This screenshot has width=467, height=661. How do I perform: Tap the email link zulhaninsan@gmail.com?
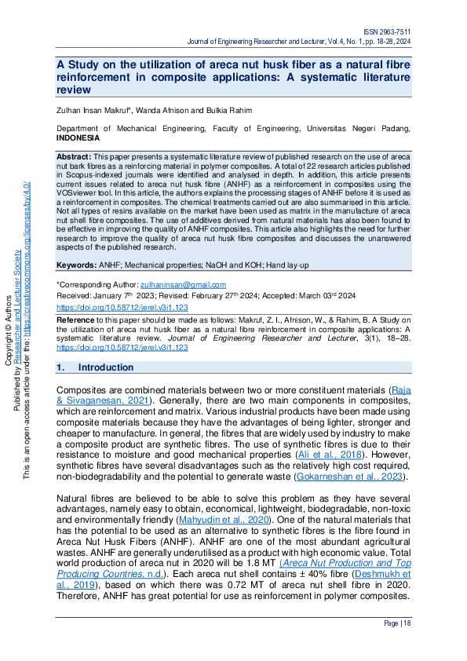click(182, 284)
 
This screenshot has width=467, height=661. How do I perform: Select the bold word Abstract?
click(74, 158)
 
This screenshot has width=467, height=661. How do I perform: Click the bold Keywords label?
click(76, 266)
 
